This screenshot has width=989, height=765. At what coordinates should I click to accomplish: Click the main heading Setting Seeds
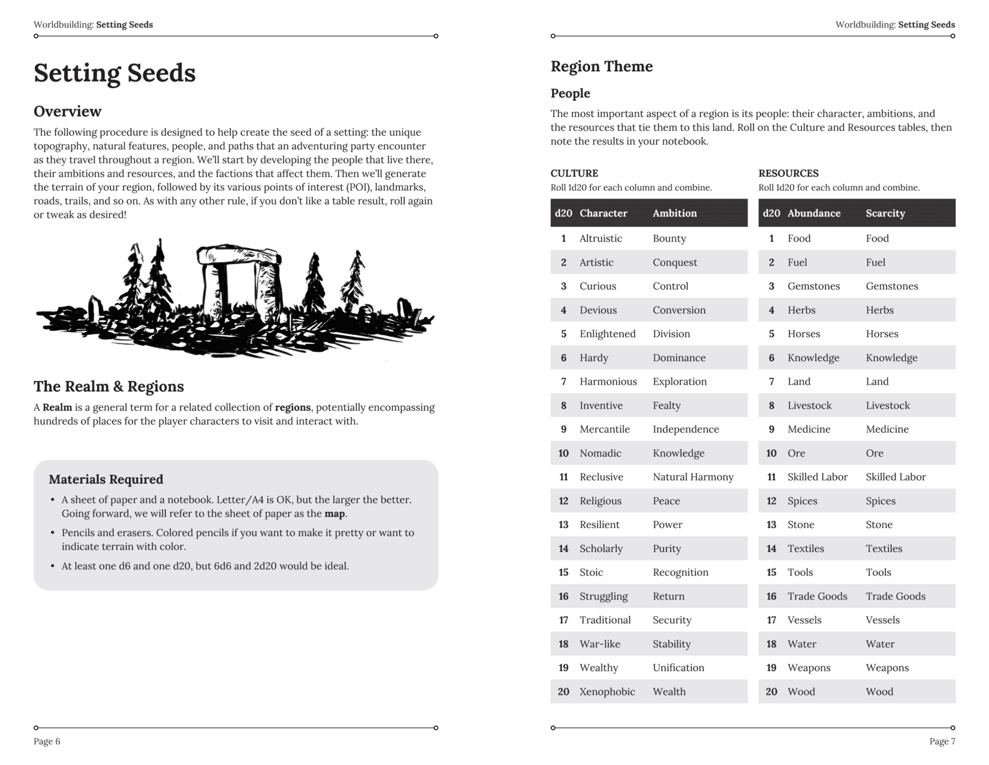pyautogui.click(x=114, y=73)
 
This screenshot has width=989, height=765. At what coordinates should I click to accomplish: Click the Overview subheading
pyautogui.click(x=67, y=112)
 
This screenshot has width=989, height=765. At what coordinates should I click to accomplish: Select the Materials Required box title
pyautogui.click(x=105, y=479)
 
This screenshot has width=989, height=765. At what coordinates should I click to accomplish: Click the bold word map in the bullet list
pyautogui.click(x=335, y=514)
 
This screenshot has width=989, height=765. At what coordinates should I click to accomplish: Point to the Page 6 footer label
pyautogui.click(x=47, y=742)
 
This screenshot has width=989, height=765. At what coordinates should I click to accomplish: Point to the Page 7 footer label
pyautogui.click(x=942, y=742)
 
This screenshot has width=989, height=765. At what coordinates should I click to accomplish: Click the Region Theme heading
pyautogui.click(x=601, y=67)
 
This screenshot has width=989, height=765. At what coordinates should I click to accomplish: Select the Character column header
pyautogui.click(x=603, y=213)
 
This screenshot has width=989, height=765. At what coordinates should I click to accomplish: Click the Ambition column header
pyautogui.click(x=674, y=213)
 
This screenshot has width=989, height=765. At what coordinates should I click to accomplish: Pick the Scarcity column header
pyautogui.click(x=885, y=213)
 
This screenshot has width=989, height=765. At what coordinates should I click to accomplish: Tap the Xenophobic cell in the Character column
pyautogui.click(x=607, y=692)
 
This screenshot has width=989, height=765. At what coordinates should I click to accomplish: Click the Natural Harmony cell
pyautogui.click(x=693, y=477)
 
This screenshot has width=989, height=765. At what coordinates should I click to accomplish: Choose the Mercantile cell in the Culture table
pyautogui.click(x=604, y=430)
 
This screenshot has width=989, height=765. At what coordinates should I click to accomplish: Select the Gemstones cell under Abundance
pyautogui.click(x=813, y=286)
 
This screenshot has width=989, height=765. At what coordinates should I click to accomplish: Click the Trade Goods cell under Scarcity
pyautogui.click(x=895, y=596)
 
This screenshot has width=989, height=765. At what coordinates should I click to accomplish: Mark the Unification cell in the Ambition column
pyautogui.click(x=678, y=668)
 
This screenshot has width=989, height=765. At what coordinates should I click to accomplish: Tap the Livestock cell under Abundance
pyautogui.click(x=809, y=406)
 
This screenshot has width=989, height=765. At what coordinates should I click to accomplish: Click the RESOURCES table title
pyautogui.click(x=788, y=173)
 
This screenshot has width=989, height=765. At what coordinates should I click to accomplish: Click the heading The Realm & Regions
pyautogui.click(x=108, y=386)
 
